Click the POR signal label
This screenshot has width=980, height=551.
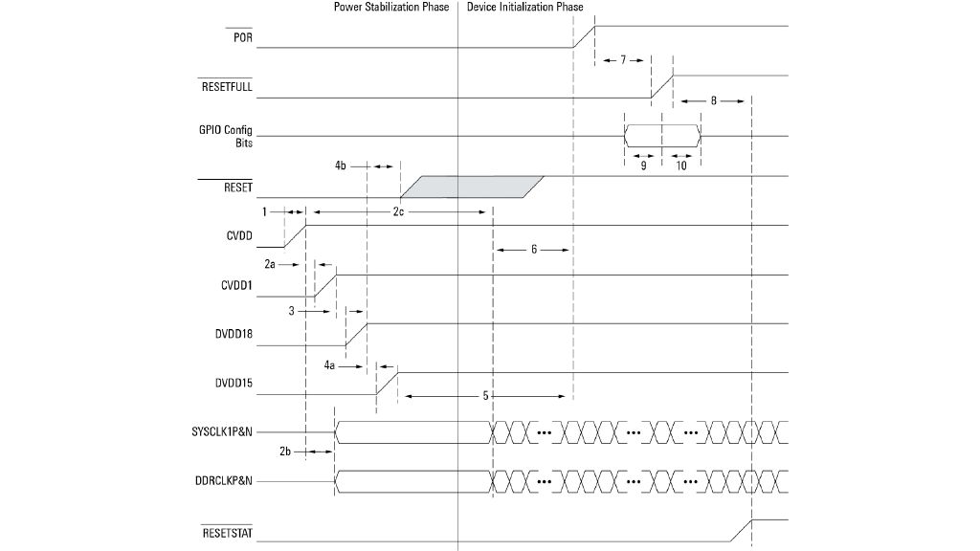coord(243,37)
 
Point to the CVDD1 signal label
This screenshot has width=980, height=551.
coord(235,284)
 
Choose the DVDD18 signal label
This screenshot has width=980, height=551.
coord(234,334)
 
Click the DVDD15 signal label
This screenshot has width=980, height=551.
coord(234,385)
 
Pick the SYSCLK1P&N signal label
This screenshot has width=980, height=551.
coord(222,433)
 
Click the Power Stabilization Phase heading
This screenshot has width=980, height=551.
coord(391,8)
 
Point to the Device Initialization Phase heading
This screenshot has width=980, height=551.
coord(524,8)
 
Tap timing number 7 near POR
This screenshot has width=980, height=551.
coord(622,60)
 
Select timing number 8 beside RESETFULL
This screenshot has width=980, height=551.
coord(713,100)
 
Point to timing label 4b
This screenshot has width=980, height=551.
coord(341,166)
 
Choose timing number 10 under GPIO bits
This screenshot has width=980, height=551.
coord(681,165)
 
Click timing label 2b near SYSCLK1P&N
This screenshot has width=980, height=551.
coord(285,451)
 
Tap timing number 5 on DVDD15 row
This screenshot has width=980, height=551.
coord(486,394)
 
